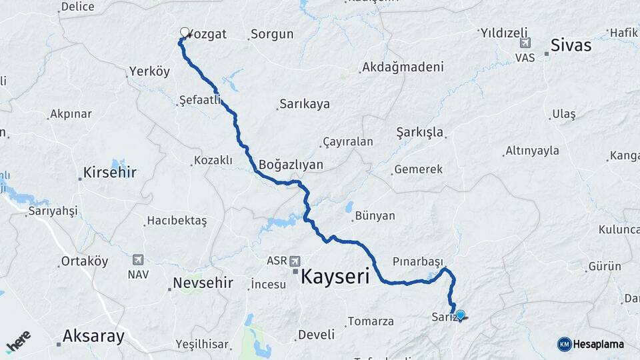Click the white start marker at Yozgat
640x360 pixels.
185,32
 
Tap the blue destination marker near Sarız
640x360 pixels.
460,314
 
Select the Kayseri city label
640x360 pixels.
335,277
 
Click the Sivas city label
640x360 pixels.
571,45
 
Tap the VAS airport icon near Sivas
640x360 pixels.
525,43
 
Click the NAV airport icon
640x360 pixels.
138,259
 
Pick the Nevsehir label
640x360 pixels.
203,283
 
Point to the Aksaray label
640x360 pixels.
93,336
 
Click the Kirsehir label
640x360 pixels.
109,173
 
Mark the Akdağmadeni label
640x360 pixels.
402,67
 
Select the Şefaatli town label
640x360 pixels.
200,100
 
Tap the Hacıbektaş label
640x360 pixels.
177,220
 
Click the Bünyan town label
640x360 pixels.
375,216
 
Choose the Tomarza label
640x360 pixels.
370,321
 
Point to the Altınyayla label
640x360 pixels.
532,151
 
